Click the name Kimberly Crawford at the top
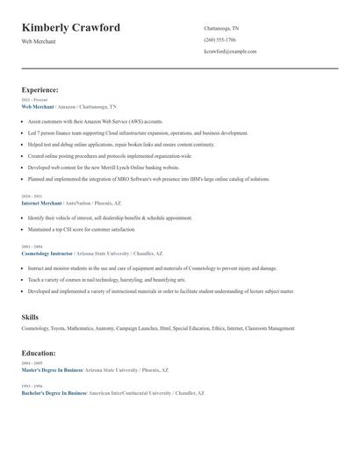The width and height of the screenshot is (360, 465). (x=70, y=28)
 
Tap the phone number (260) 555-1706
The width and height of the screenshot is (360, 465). (x=220, y=39)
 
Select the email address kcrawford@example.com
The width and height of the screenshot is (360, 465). (x=230, y=51)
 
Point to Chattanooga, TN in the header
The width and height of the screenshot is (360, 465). (x=221, y=28)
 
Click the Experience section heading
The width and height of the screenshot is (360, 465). (x=40, y=89)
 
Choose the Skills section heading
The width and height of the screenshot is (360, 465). (x=30, y=316)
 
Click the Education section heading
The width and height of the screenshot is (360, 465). (x=39, y=353)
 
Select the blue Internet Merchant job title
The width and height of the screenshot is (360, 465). (x=41, y=202)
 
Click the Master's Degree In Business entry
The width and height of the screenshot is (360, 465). (x=51, y=369)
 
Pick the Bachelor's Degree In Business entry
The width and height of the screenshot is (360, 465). (x=54, y=393)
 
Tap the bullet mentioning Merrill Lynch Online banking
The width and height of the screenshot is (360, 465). (x=104, y=166)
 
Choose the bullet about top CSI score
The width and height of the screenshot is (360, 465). (x=82, y=229)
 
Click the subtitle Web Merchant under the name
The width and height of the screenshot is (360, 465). (x=39, y=41)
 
